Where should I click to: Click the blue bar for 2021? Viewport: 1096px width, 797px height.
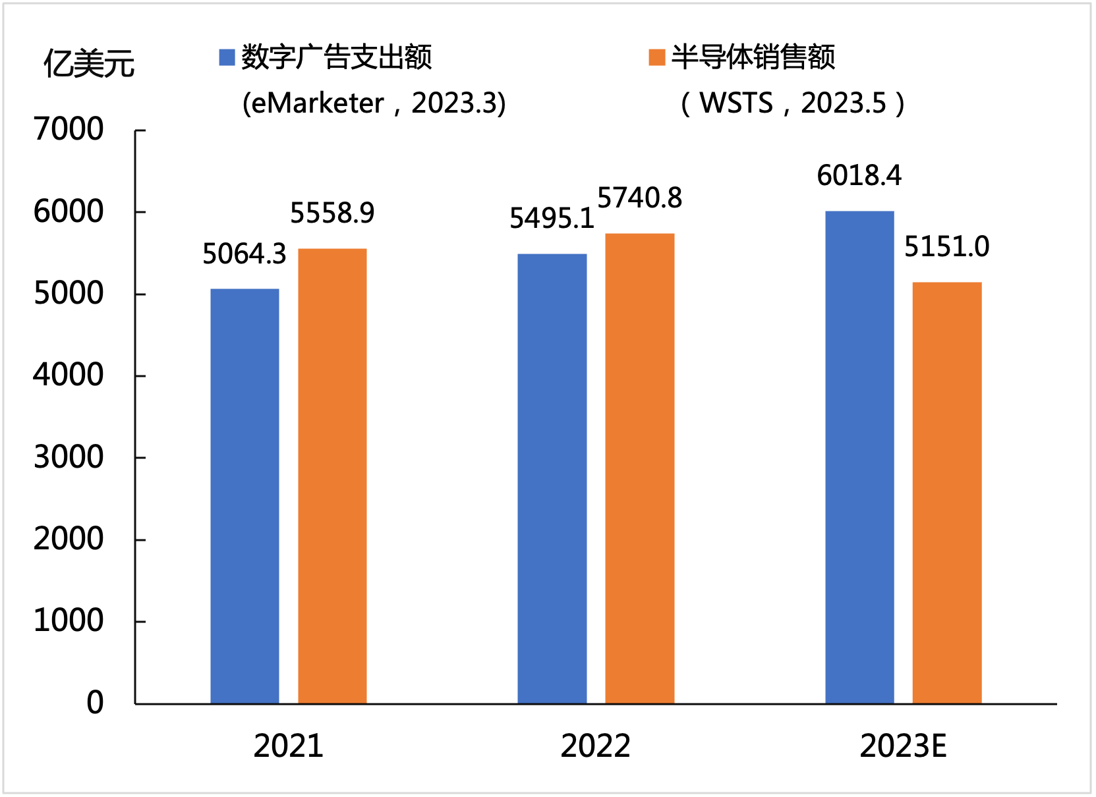pyautogui.click(x=245, y=496)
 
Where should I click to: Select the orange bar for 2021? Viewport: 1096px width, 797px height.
pyautogui.click(x=332, y=476)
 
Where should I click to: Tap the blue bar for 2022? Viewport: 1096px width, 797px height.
pyautogui.click(x=552, y=478)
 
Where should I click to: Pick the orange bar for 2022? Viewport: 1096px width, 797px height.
pyautogui.click(x=640, y=468)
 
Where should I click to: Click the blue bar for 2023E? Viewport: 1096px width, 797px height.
pyautogui.click(x=859, y=457)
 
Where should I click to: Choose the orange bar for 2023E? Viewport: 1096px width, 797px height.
pyautogui.click(x=947, y=493)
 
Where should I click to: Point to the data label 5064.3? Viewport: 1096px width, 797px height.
pyautogui.click(x=245, y=254)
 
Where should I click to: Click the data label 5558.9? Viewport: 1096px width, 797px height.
pyautogui.click(x=332, y=213)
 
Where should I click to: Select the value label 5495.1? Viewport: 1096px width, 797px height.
pyautogui.click(x=552, y=219)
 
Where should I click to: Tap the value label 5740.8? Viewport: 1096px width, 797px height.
pyautogui.click(x=640, y=198)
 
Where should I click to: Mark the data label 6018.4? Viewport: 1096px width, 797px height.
pyautogui.click(x=859, y=176)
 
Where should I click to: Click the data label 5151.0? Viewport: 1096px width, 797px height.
pyautogui.click(x=947, y=247)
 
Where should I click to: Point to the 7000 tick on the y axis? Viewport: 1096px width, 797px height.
pyautogui.click(x=69, y=129)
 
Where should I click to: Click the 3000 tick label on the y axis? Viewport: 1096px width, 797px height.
pyautogui.click(x=69, y=457)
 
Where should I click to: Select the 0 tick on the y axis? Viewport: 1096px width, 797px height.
pyautogui.click(x=96, y=703)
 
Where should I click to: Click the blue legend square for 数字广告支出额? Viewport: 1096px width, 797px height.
pyautogui.click(x=227, y=57)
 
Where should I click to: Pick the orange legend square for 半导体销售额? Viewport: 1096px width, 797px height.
pyautogui.click(x=656, y=57)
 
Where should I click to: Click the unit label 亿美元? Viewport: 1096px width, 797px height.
pyautogui.click(x=89, y=64)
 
